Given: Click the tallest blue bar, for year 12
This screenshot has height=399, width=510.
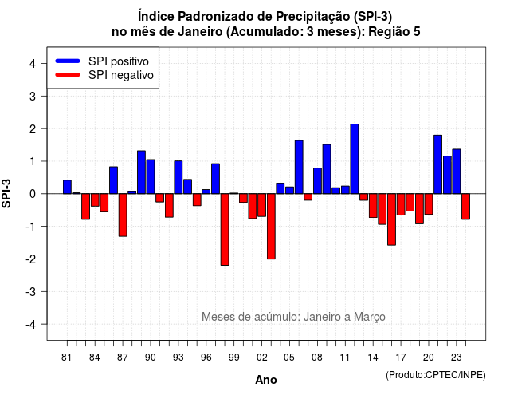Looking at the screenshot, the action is click(355, 159).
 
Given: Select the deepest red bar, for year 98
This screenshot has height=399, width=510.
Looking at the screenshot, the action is click(225, 230).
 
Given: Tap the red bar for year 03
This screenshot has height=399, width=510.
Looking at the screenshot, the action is click(271, 227).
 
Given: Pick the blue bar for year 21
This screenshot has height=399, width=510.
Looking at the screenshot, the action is click(437, 164).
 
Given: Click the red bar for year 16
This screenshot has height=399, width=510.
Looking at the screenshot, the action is click(391, 219).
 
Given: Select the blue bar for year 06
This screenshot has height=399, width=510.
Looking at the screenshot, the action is click(299, 167).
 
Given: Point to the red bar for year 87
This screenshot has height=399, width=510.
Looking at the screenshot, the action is click(123, 215).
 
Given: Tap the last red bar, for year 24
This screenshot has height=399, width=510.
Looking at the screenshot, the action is click(465, 207).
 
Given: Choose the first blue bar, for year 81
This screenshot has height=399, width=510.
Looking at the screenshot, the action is click(67, 187).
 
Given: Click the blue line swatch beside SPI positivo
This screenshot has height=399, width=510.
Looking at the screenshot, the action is click(68, 61).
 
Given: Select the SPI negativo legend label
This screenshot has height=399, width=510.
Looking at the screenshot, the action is click(121, 75).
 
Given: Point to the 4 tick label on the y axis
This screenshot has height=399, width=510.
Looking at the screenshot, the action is click(33, 64).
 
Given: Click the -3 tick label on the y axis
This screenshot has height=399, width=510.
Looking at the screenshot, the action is click(31, 291).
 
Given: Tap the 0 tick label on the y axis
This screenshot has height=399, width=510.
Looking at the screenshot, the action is click(33, 194).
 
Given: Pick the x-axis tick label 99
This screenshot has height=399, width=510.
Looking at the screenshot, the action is click(233, 358).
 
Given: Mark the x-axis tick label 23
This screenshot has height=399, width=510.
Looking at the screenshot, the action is click(457, 358).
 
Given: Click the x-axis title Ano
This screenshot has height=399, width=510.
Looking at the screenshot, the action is click(266, 380).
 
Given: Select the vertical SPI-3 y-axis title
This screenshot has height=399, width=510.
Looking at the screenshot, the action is click(6, 193).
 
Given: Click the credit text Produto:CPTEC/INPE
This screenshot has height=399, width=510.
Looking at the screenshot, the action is click(436, 375).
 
